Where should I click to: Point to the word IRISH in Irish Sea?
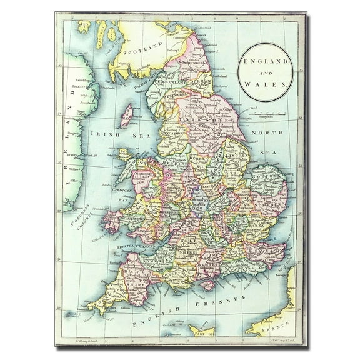[99, 133]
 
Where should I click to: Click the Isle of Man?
[127, 115]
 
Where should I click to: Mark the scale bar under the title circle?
[267, 114]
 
